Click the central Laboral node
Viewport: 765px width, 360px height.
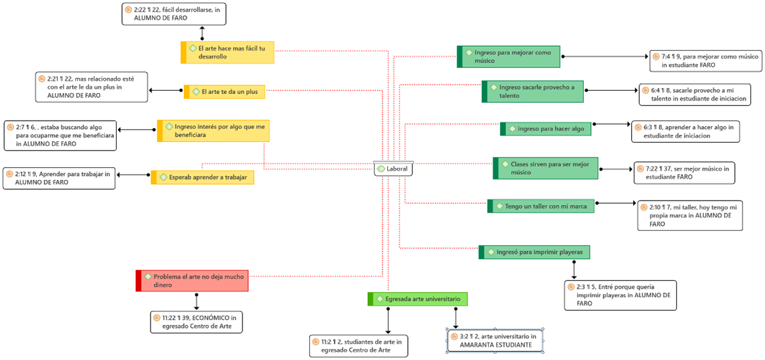click(x=393, y=169)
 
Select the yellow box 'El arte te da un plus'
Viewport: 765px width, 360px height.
click(x=225, y=92)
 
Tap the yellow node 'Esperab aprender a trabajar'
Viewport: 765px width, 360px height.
click(x=203, y=177)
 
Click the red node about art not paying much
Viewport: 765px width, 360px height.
click(x=192, y=281)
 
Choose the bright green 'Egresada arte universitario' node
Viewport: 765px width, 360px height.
click(x=418, y=299)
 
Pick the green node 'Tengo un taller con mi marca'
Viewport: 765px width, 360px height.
click(x=541, y=206)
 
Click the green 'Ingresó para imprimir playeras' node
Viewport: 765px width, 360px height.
click(x=534, y=252)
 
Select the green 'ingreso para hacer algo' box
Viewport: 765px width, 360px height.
click(x=546, y=129)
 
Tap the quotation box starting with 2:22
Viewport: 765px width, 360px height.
click(x=174, y=13)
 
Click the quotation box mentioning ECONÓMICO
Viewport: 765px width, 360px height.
click(x=196, y=322)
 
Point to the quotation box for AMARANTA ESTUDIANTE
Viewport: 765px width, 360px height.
click(x=495, y=340)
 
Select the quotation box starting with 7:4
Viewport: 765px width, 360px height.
click(x=706, y=61)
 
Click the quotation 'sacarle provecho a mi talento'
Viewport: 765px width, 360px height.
click(x=695, y=94)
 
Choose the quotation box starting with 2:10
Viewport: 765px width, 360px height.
click(x=690, y=215)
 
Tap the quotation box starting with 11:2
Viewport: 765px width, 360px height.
click(x=359, y=346)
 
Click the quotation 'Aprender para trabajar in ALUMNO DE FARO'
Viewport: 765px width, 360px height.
click(x=59, y=178)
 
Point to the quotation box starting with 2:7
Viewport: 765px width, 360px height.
click(x=60, y=135)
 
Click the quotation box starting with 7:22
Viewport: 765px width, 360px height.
click(x=684, y=173)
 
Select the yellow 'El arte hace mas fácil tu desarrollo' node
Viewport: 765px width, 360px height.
click(x=228, y=52)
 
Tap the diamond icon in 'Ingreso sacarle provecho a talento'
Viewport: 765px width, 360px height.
click(x=492, y=87)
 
